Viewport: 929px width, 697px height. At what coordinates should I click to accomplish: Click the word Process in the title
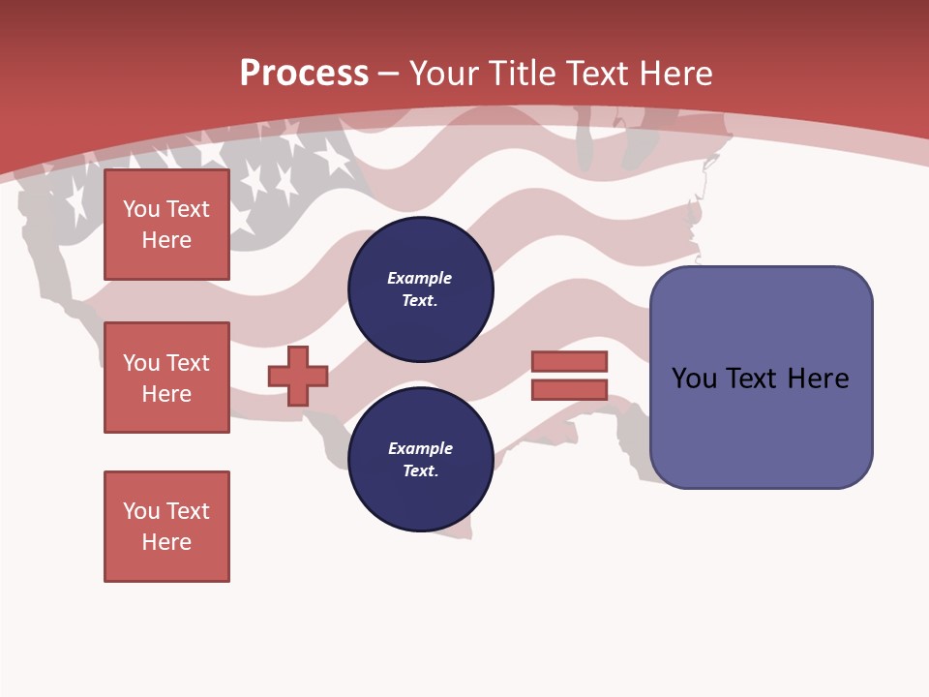tap(304, 74)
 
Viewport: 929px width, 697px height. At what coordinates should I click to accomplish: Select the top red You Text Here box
tap(166, 225)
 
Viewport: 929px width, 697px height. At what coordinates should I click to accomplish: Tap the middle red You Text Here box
tap(166, 378)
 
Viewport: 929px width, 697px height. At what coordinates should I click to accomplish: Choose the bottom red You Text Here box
tap(166, 527)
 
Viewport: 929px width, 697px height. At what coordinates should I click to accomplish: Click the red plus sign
tap(298, 376)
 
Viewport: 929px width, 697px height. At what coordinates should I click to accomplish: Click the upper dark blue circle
tap(420, 289)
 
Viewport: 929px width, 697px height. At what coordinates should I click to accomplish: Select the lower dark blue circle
tap(420, 460)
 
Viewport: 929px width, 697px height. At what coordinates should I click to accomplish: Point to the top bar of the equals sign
tap(569, 361)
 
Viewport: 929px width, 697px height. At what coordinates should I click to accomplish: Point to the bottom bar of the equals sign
tap(569, 389)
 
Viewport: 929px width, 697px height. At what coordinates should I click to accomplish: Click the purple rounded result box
tap(761, 426)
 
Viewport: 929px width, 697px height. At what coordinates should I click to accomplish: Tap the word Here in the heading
tap(674, 74)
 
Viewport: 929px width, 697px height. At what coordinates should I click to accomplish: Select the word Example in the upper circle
tap(420, 278)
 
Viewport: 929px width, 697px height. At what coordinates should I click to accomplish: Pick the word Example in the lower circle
tap(420, 448)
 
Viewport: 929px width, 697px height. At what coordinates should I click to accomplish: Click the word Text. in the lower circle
tap(420, 471)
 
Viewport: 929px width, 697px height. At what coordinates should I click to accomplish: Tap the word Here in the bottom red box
tap(166, 542)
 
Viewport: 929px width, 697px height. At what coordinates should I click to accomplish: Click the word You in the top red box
tap(140, 209)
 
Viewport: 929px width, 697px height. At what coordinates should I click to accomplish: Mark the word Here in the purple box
tap(818, 379)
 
